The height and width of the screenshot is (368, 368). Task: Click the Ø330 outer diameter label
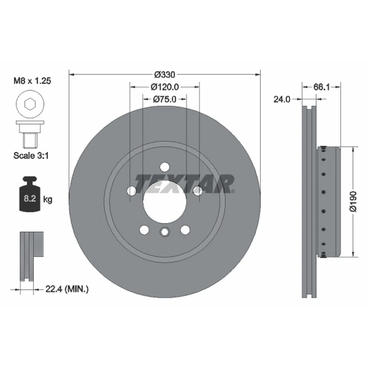click(165, 74)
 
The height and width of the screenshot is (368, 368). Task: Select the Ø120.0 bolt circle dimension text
click(165, 87)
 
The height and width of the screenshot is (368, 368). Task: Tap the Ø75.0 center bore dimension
click(165, 99)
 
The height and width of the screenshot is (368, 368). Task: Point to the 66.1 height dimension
click(322, 87)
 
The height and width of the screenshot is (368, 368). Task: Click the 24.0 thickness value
click(281, 99)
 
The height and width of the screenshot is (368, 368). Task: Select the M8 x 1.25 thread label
click(32, 81)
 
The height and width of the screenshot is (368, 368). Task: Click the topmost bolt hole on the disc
click(164, 167)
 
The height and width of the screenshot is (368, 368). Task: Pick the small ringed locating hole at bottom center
click(164, 232)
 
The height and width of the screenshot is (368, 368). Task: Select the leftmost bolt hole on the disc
click(131, 191)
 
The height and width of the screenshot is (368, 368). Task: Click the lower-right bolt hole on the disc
click(185, 230)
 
